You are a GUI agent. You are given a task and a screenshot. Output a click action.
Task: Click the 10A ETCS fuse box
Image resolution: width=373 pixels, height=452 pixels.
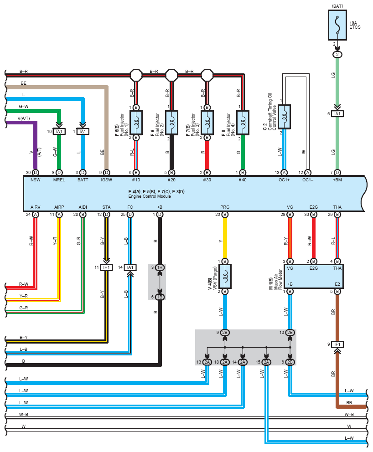click(337, 25)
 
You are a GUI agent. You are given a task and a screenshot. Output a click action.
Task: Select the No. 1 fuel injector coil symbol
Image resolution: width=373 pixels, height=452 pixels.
click(136, 123)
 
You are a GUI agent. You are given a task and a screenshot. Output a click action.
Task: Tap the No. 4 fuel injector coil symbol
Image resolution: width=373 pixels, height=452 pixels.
click(243, 123)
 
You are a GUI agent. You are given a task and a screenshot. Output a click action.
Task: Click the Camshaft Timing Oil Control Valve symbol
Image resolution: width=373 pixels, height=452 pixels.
click(284, 117)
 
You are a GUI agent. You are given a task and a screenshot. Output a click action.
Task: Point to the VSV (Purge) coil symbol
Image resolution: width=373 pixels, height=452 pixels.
click(225, 276)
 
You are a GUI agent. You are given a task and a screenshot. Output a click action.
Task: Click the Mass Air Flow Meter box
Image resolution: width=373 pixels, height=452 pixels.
click(314, 276)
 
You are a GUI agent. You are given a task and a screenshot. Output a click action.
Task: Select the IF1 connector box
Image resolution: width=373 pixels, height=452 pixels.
click(337, 344)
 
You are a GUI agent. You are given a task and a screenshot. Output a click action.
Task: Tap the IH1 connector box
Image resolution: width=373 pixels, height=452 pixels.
click(106, 267)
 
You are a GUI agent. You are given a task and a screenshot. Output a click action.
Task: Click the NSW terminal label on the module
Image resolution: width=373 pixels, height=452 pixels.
click(36, 180)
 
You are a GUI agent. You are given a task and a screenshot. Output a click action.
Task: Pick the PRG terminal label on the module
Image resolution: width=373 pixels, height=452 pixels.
click(225, 207)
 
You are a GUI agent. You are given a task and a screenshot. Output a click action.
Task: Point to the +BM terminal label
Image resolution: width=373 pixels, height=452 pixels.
click(337, 180)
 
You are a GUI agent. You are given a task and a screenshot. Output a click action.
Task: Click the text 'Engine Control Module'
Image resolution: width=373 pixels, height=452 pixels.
click(150, 196)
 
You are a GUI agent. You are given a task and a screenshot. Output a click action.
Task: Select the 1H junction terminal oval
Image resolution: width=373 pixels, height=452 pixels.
click(160, 267)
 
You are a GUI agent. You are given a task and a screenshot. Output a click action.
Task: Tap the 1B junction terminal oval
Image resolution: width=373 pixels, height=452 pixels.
click(160, 297)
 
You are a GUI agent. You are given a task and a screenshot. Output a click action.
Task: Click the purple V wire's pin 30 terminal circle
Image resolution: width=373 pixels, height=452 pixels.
click(36, 173)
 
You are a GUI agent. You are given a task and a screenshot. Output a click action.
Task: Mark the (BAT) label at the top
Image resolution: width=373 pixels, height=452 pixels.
click(337, 6)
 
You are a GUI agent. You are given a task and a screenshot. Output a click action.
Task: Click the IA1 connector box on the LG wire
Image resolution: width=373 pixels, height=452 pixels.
click(337, 114)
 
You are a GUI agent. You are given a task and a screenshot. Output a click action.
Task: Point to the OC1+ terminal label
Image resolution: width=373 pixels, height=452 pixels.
click(284, 180)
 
